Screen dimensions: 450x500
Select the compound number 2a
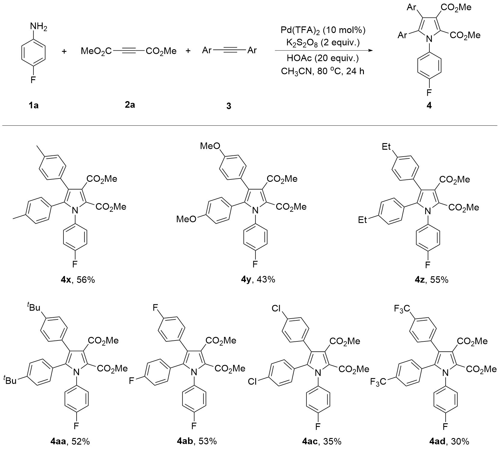[x=130, y=105]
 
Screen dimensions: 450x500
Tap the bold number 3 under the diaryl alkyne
[x=229, y=106]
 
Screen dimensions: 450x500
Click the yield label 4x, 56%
[x=78, y=280]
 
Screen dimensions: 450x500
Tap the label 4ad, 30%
[x=449, y=441]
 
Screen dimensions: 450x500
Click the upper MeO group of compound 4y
[x=210, y=146]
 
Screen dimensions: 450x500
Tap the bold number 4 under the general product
[x=429, y=106]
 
